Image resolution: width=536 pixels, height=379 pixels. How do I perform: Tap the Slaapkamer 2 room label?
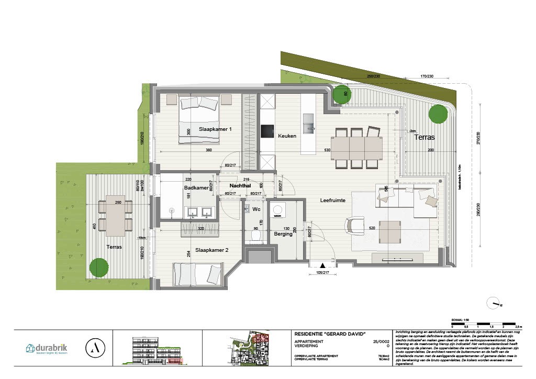coord(211,250)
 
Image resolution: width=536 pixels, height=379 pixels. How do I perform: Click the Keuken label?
coord(287,136)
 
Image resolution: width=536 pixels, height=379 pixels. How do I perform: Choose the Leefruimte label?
coord(332,200)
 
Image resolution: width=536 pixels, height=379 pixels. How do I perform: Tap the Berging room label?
coord(283,235)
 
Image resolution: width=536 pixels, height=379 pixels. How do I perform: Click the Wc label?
coord(256,209)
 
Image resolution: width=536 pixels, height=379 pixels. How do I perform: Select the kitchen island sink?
coord(308,125)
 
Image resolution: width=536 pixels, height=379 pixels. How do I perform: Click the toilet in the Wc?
coord(255,236)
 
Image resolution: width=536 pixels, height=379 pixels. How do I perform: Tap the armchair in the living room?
coord(354,226)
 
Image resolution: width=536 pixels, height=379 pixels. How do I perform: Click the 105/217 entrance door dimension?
coord(322,272)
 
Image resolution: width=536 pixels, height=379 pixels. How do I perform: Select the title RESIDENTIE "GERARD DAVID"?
coord(330,334)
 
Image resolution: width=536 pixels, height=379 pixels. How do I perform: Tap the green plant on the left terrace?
coord(99,267)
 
